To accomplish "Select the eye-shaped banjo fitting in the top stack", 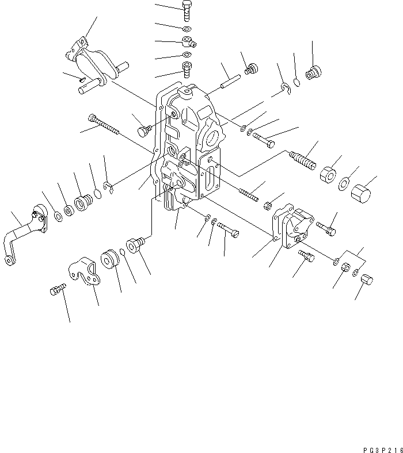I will [x=187, y=42].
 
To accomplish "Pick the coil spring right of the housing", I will [x=302, y=158].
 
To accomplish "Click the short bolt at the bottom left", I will [x=56, y=290].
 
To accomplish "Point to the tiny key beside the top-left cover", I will [x=82, y=79].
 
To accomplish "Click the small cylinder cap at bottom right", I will [x=367, y=281].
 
